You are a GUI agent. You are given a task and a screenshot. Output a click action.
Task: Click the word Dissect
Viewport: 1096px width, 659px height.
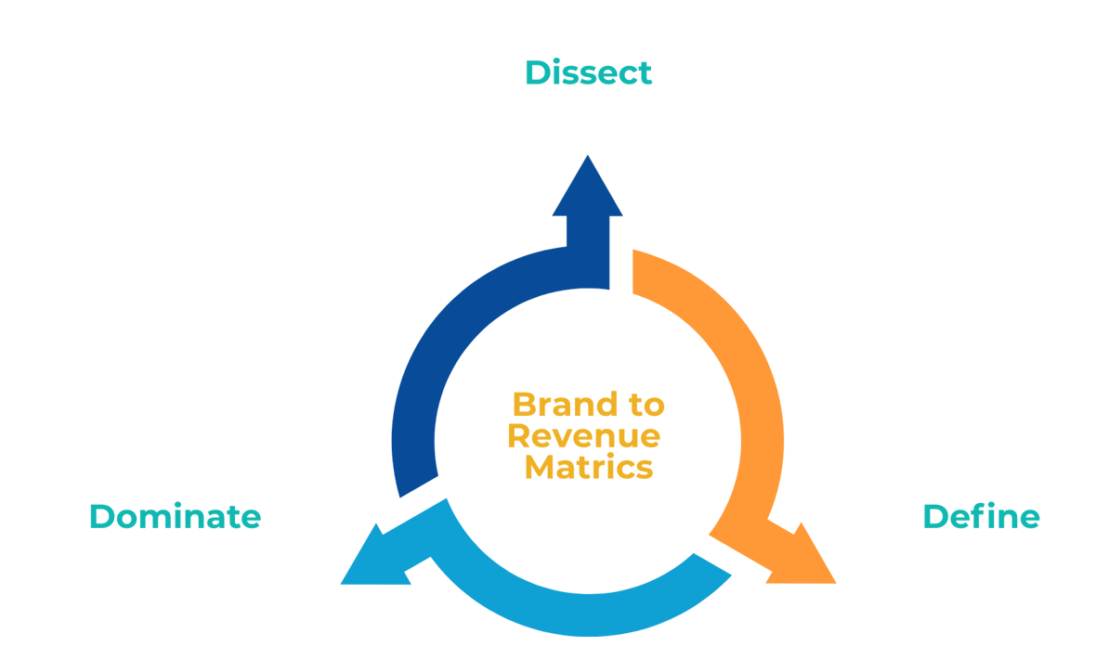coord(588,72)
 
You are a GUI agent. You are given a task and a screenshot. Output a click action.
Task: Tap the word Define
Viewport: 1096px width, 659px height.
coord(981,517)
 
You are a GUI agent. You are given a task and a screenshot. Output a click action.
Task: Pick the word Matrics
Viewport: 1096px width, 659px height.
coord(589,467)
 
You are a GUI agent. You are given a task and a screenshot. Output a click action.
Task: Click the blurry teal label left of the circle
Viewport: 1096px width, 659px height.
coord(158,521)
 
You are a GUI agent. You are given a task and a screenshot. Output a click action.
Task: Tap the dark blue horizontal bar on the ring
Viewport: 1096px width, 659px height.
coord(418,294)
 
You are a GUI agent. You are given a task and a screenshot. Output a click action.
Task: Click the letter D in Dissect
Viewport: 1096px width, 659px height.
coord(536,72)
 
